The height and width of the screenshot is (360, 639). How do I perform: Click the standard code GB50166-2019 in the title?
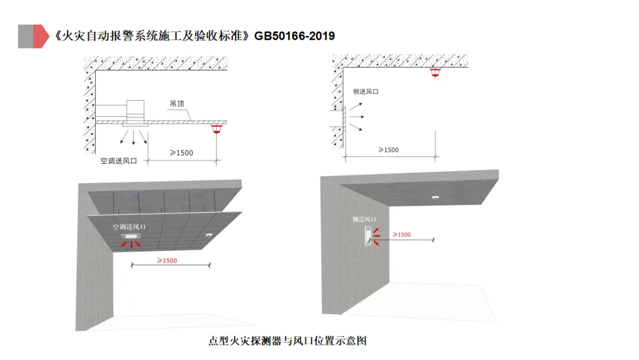(295, 36)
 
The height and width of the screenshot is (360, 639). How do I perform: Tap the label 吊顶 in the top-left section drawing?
(177, 103)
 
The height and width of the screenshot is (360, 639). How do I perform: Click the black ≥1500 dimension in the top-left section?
(182, 153)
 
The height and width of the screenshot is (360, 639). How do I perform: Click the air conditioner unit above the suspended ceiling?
(135, 108)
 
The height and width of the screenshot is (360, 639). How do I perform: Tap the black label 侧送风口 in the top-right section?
(365, 92)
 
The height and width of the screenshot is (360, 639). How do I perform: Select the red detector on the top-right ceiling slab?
(436, 73)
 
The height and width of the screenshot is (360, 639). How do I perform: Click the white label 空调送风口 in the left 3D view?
(129, 227)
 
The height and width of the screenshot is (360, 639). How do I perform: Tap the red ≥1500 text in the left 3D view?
(167, 261)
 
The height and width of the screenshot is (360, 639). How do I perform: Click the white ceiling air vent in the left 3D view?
(130, 237)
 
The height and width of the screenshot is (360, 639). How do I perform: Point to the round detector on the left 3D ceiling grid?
(209, 236)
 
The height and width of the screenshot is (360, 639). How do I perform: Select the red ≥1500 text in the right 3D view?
(401, 234)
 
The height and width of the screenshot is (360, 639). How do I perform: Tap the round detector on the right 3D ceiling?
(435, 198)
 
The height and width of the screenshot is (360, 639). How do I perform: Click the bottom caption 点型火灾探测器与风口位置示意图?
(288, 341)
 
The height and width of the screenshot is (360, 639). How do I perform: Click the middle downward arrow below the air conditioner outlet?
(133, 138)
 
